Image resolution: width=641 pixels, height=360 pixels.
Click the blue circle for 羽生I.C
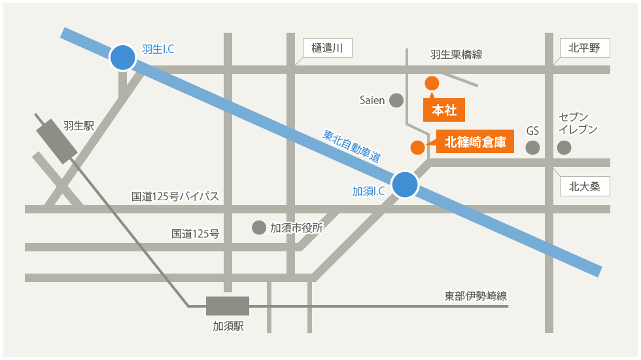(122, 58)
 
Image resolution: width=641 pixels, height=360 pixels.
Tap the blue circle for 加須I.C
(404, 184)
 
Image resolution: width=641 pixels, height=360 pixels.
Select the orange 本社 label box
(444, 110)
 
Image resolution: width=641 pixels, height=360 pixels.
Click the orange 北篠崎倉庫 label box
(476, 142)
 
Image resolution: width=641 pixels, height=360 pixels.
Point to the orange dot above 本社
(432, 83)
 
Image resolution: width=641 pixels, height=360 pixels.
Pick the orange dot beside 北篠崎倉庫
(417, 147)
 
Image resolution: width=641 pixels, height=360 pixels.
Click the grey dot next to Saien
(396, 100)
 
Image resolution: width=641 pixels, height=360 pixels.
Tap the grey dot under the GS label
(533, 147)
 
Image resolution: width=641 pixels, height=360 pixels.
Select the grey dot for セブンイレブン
(564, 147)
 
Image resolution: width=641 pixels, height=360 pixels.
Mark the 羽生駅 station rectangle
(57, 141)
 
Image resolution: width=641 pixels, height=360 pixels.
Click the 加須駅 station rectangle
(228, 306)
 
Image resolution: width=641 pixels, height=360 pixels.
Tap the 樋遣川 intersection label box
(328, 47)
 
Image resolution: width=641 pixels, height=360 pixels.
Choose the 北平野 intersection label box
(585, 47)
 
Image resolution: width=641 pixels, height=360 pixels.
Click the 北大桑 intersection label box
(585, 186)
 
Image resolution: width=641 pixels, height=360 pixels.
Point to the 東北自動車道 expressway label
(352, 146)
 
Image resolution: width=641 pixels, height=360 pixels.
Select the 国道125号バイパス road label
(175, 196)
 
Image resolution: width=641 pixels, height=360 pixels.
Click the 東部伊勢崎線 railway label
(476, 296)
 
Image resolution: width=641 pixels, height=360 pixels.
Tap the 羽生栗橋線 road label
(456, 55)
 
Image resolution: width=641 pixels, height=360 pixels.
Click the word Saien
(372, 100)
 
